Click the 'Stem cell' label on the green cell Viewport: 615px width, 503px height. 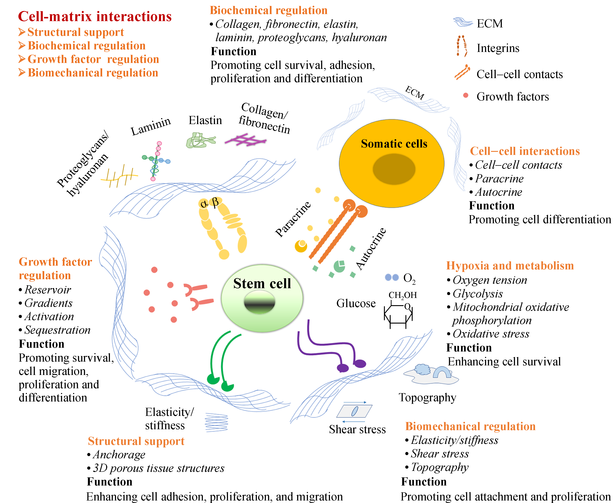[x=262, y=283]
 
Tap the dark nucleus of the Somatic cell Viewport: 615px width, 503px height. [x=394, y=169]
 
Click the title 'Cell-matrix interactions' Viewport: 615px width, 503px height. [x=95, y=17]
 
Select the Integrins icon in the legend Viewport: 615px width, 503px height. [x=462, y=46]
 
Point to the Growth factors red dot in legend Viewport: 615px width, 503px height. [x=466, y=95]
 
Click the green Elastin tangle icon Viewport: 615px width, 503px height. [x=200, y=140]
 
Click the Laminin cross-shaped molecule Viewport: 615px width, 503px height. [x=156, y=161]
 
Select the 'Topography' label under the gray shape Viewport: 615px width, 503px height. [x=427, y=397]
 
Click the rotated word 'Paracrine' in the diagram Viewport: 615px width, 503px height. [x=293, y=219]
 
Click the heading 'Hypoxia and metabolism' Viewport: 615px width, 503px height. [x=510, y=266]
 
